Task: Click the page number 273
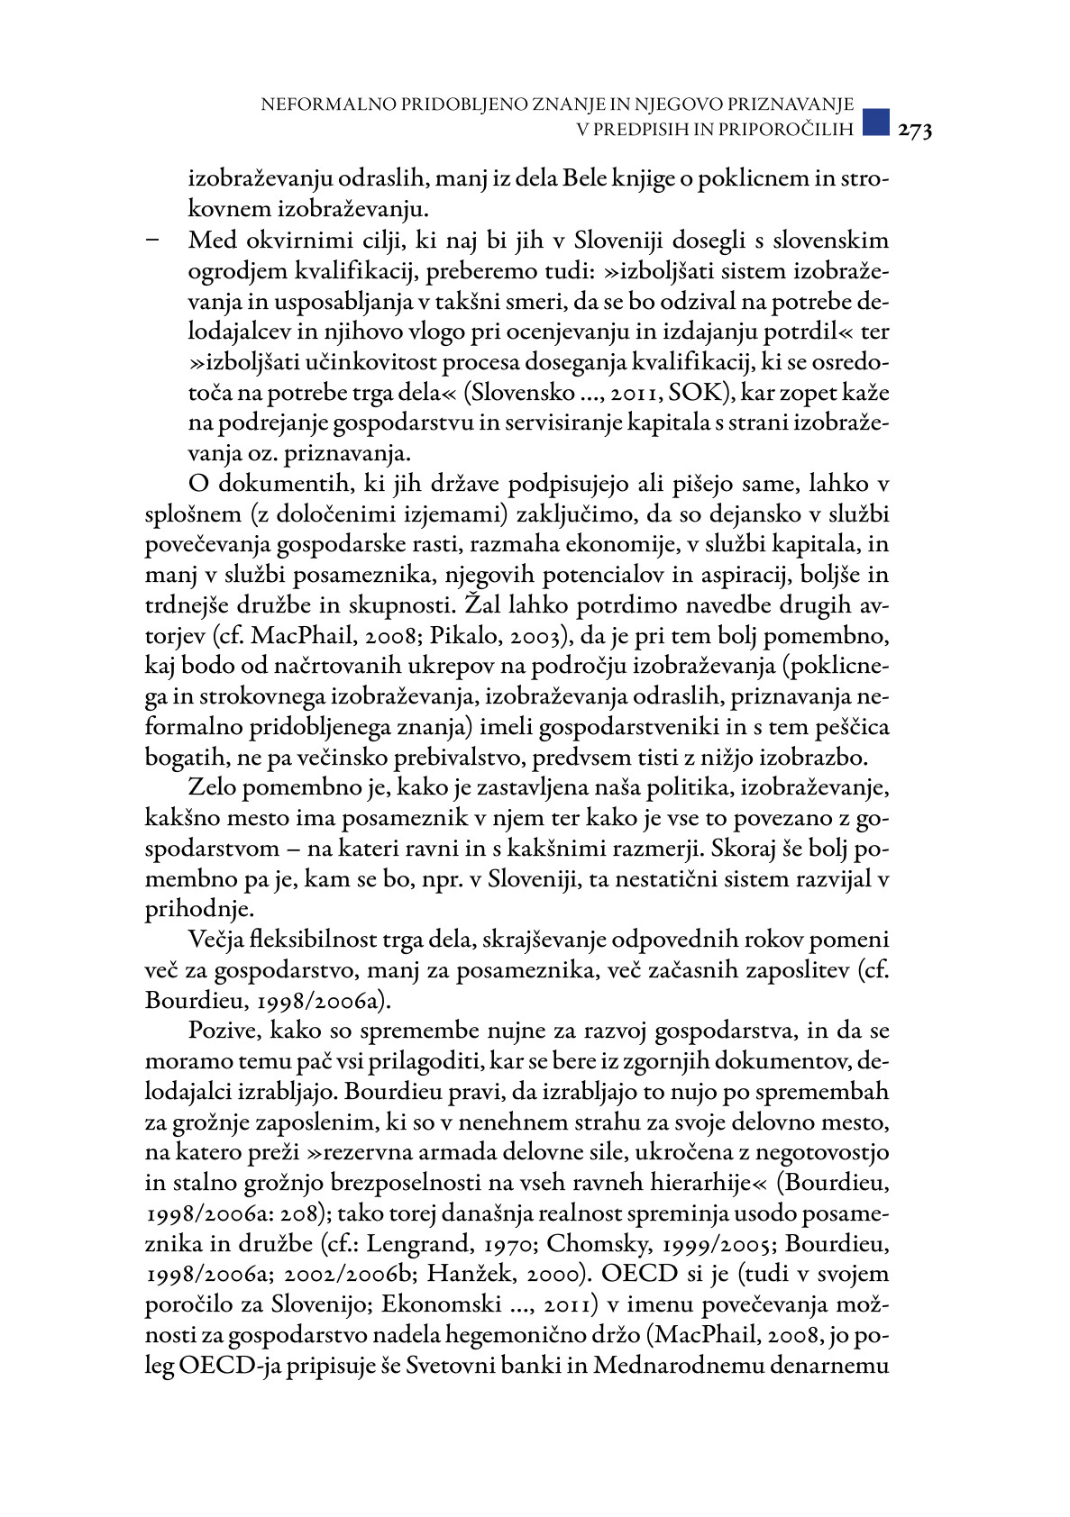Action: [x=914, y=131]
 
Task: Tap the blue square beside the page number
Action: [x=876, y=123]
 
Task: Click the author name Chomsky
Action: [x=597, y=1244]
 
